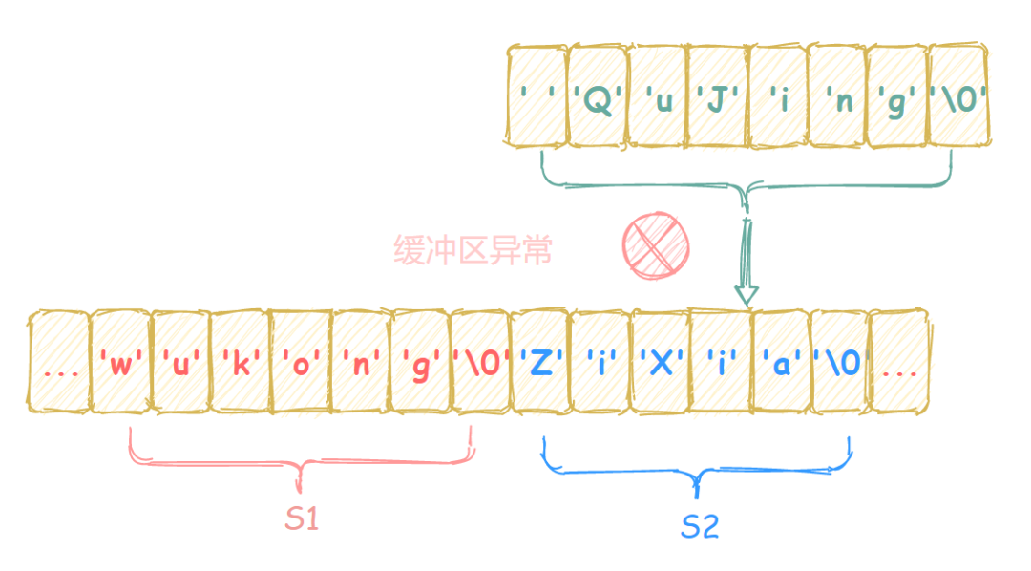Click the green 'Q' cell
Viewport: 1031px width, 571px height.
[598, 98]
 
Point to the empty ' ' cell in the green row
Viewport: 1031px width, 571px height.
[537, 98]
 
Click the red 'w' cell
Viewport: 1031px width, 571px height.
[120, 364]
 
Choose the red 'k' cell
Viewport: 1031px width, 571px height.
[240, 364]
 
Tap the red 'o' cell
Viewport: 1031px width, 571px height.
[300, 364]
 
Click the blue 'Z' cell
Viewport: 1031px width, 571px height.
[539, 364]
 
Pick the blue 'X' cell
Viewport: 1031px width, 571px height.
[660, 364]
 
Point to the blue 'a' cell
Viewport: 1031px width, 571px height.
[780, 364]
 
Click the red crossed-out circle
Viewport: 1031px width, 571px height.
[655, 244]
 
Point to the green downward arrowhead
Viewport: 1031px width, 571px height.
[746, 292]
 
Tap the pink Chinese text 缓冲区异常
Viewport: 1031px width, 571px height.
[473, 250]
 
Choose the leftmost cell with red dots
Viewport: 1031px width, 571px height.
[60, 364]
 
